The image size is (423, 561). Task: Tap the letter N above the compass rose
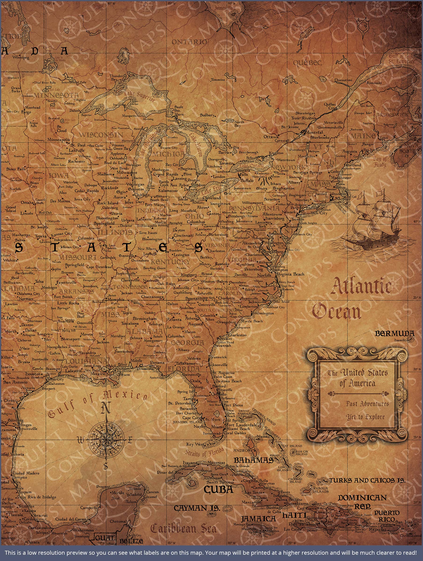click(x=106, y=408)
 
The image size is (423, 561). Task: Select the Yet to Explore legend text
click(x=365, y=417)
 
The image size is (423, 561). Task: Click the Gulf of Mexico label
click(x=96, y=403)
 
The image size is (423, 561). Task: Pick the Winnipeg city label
click(x=21, y=58)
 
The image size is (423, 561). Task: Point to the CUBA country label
click(x=219, y=489)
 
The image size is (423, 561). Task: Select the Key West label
click(x=195, y=444)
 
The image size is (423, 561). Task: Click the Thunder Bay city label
click(x=116, y=78)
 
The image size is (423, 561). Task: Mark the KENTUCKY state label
click(x=170, y=262)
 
